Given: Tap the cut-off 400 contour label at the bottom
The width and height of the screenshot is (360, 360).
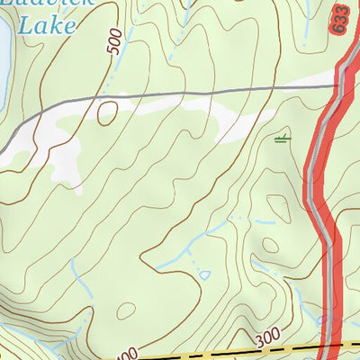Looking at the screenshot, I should point(127,354).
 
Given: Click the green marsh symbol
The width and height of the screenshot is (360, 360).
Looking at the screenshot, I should point(283,138).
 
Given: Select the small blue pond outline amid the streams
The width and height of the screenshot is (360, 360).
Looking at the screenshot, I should point(204,274).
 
